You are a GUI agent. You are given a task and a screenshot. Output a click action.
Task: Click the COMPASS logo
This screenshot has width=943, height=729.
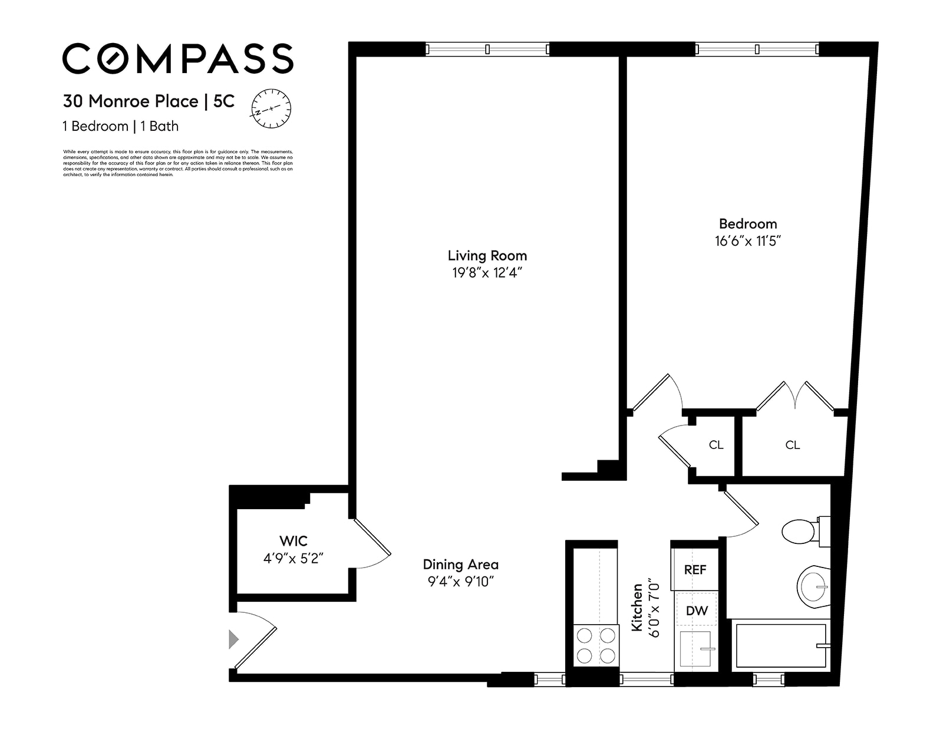pos(177,58)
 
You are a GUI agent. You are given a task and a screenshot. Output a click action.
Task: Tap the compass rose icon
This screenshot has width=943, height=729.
pos(271,108)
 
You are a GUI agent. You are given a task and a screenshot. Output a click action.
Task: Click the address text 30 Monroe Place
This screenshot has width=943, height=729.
pos(131,101)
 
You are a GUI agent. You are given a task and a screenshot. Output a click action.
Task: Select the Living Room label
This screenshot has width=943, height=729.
pos(487,255)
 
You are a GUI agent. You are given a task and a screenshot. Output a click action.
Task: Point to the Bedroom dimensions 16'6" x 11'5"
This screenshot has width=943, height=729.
pos(747,240)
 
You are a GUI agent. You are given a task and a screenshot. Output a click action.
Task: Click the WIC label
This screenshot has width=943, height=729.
pos(293,540)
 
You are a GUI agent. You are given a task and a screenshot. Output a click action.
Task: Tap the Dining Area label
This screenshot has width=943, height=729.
pos(460,564)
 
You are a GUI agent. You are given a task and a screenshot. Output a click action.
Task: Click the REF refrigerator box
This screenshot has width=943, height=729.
pos(695,570)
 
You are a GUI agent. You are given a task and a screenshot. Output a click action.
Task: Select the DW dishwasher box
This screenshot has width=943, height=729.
pos(696,611)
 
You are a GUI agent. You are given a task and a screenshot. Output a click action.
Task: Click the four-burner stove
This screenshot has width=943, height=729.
pos(596,645)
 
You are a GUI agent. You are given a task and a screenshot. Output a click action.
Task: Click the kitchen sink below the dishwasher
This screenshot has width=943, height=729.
pos(696,649)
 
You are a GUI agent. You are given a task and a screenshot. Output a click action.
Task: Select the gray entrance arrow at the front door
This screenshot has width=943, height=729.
pos(233,639)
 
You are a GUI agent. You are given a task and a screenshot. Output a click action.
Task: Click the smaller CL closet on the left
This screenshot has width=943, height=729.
pos(716,445)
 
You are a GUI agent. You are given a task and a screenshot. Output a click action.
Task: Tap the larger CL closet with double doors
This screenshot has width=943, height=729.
pos(792,445)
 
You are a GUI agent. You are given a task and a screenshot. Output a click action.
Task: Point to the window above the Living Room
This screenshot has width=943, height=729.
pos(487,49)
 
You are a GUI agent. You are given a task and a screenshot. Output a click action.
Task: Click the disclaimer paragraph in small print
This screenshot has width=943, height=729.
pos(177,163)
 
